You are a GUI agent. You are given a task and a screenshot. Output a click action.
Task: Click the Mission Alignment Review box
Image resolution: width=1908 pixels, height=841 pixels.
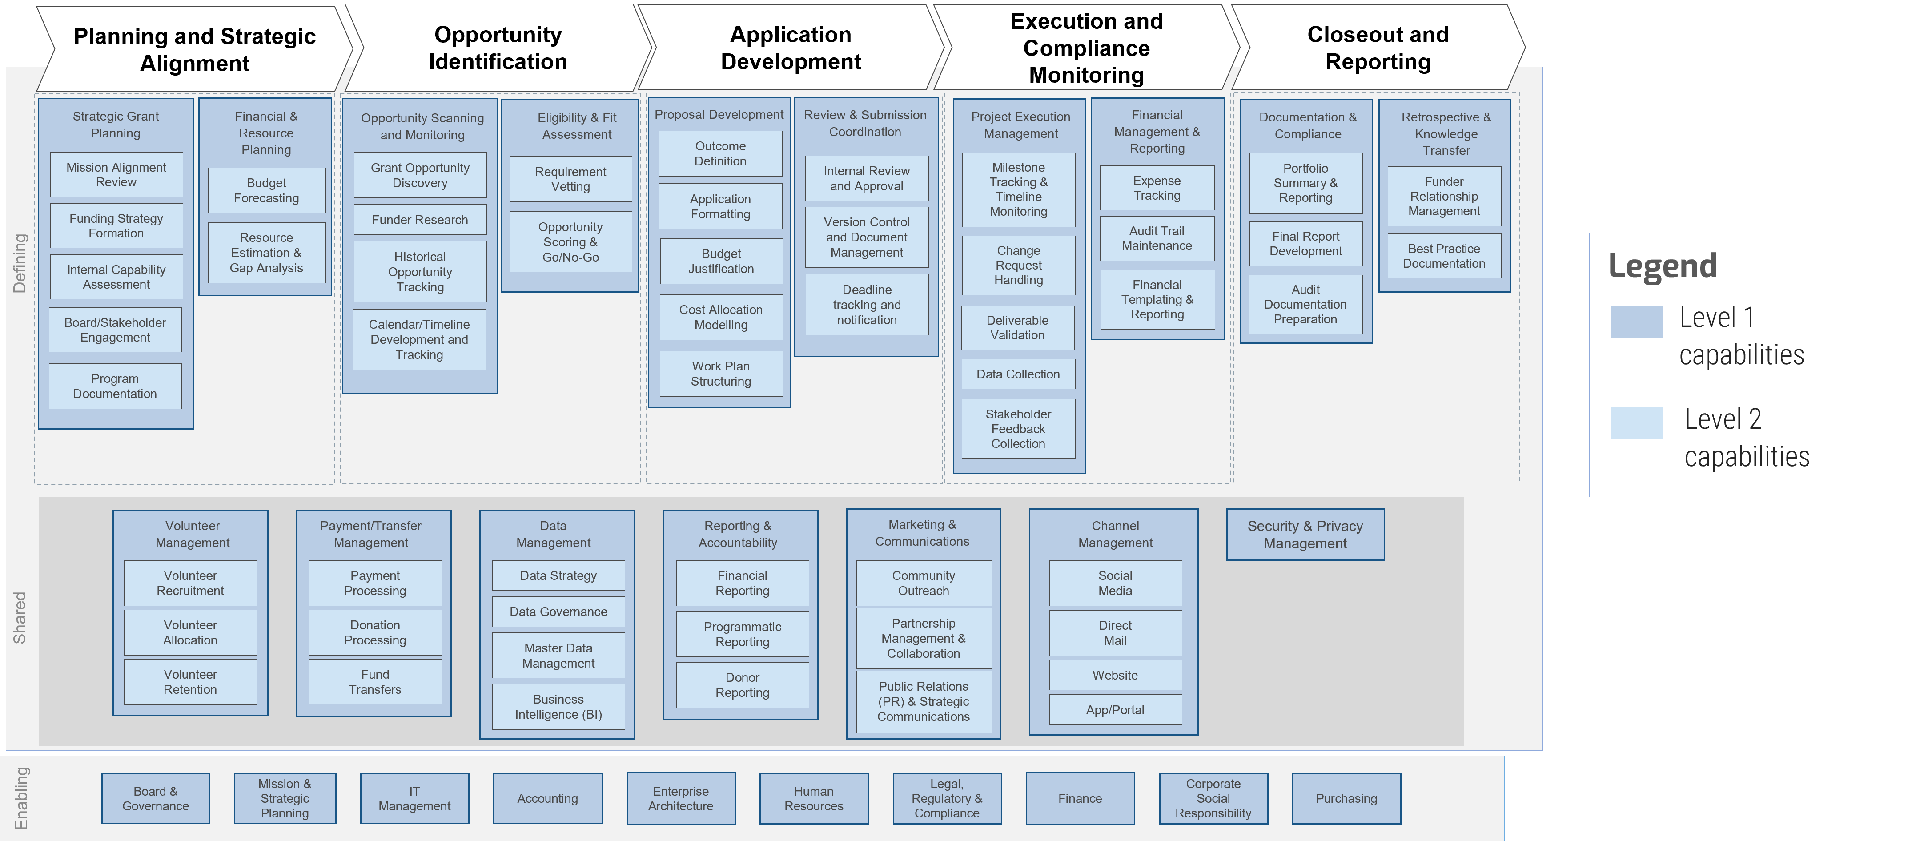pyautogui.click(x=116, y=175)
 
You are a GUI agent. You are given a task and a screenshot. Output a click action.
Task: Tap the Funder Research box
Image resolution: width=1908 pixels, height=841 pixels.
pyautogui.click(x=420, y=220)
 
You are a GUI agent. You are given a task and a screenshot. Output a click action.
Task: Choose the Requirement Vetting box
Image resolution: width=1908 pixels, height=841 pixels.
pyautogui.click(x=570, y=179)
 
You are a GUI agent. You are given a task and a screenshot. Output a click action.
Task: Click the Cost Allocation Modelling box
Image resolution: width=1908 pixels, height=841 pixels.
pyautogui.click(x=721, y=317)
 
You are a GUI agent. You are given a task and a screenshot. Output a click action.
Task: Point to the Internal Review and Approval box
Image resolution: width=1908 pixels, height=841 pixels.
pyautogui.click(x=867, y=179)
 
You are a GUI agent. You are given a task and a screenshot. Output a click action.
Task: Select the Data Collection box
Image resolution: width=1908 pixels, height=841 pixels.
pyautogui.click(x=1018, y=374)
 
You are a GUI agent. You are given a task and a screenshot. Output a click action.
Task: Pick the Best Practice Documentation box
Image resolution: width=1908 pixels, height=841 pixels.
pyautogui.click(x=1444, y=256)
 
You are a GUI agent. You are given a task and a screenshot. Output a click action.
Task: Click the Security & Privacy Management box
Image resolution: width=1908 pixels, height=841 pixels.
pyautogui.click(x=1305, y=534)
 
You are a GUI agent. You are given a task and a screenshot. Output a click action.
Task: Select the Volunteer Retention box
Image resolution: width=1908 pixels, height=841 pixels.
pyautogui.click(x=190, y=682)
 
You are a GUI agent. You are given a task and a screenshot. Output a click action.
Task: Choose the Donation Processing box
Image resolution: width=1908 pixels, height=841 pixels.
pyautogui.click(x=375, y=633)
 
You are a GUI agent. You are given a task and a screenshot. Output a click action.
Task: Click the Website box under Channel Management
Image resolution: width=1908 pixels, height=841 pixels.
pyautogui.click(x=1115, y=675)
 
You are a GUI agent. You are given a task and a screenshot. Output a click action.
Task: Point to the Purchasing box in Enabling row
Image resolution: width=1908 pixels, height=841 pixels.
pyautogui.click(x=1346, y=798)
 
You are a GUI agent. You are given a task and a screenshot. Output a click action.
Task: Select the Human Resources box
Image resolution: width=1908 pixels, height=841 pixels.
pyautogui.click(x=813, y=798)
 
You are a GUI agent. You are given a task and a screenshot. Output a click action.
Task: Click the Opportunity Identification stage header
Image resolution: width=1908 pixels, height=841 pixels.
pyautogui.click(x=498, y=48)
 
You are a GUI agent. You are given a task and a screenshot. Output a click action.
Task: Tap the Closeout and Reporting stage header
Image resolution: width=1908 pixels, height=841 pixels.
pyautogui.click(x=1378, y=48)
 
